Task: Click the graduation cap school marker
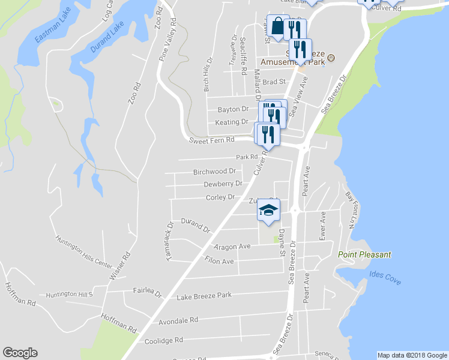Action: pos(269,210)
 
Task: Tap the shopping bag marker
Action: pos(277,26)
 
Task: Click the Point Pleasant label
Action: pos(364,254)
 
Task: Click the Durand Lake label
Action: pos(109,37)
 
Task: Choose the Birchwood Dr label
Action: pos(214,172)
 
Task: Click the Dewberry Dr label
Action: pos(223,184)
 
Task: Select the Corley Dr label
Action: pos(220,197)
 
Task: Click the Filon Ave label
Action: pos(219,261)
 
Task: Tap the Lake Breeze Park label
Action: pos(204,296)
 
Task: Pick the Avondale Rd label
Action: pos(178,321)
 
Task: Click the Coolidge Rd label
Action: pos(164,341)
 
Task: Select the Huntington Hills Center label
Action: pos(84,251)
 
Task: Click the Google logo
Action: pos(20,353)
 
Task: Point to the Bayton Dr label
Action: pos(233,109)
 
